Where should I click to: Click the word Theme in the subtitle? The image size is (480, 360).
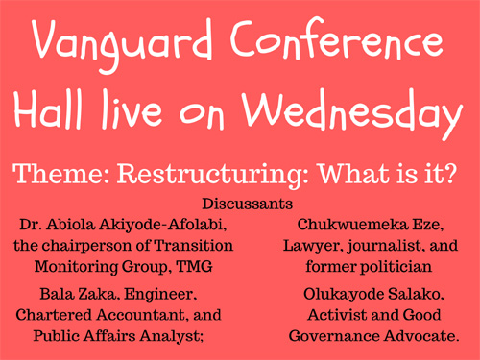coord(60,177)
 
